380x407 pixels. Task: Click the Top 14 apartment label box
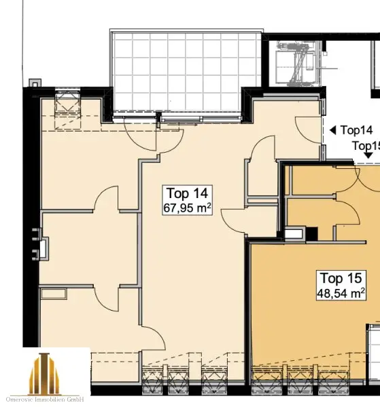point(187,200)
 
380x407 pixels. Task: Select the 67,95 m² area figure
point(187,208)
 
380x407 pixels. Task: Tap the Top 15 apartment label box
point(341,286)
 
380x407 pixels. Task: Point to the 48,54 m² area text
point(341,293)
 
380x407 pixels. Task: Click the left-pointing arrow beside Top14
point(333,130)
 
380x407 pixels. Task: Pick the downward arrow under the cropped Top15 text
point(368,155)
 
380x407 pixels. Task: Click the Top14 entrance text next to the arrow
point(356,130)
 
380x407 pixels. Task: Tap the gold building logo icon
point(44,372)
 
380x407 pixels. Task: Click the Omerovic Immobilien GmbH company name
point(45,400)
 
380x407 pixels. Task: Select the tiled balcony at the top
point(186,73)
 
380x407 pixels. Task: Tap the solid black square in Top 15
point(311,233)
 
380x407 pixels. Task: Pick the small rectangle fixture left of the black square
point(295,233)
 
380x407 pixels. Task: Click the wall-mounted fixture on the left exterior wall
point(40,244)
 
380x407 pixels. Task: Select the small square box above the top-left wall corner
point(35,83)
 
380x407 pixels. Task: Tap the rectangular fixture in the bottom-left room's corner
point(54,294)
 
